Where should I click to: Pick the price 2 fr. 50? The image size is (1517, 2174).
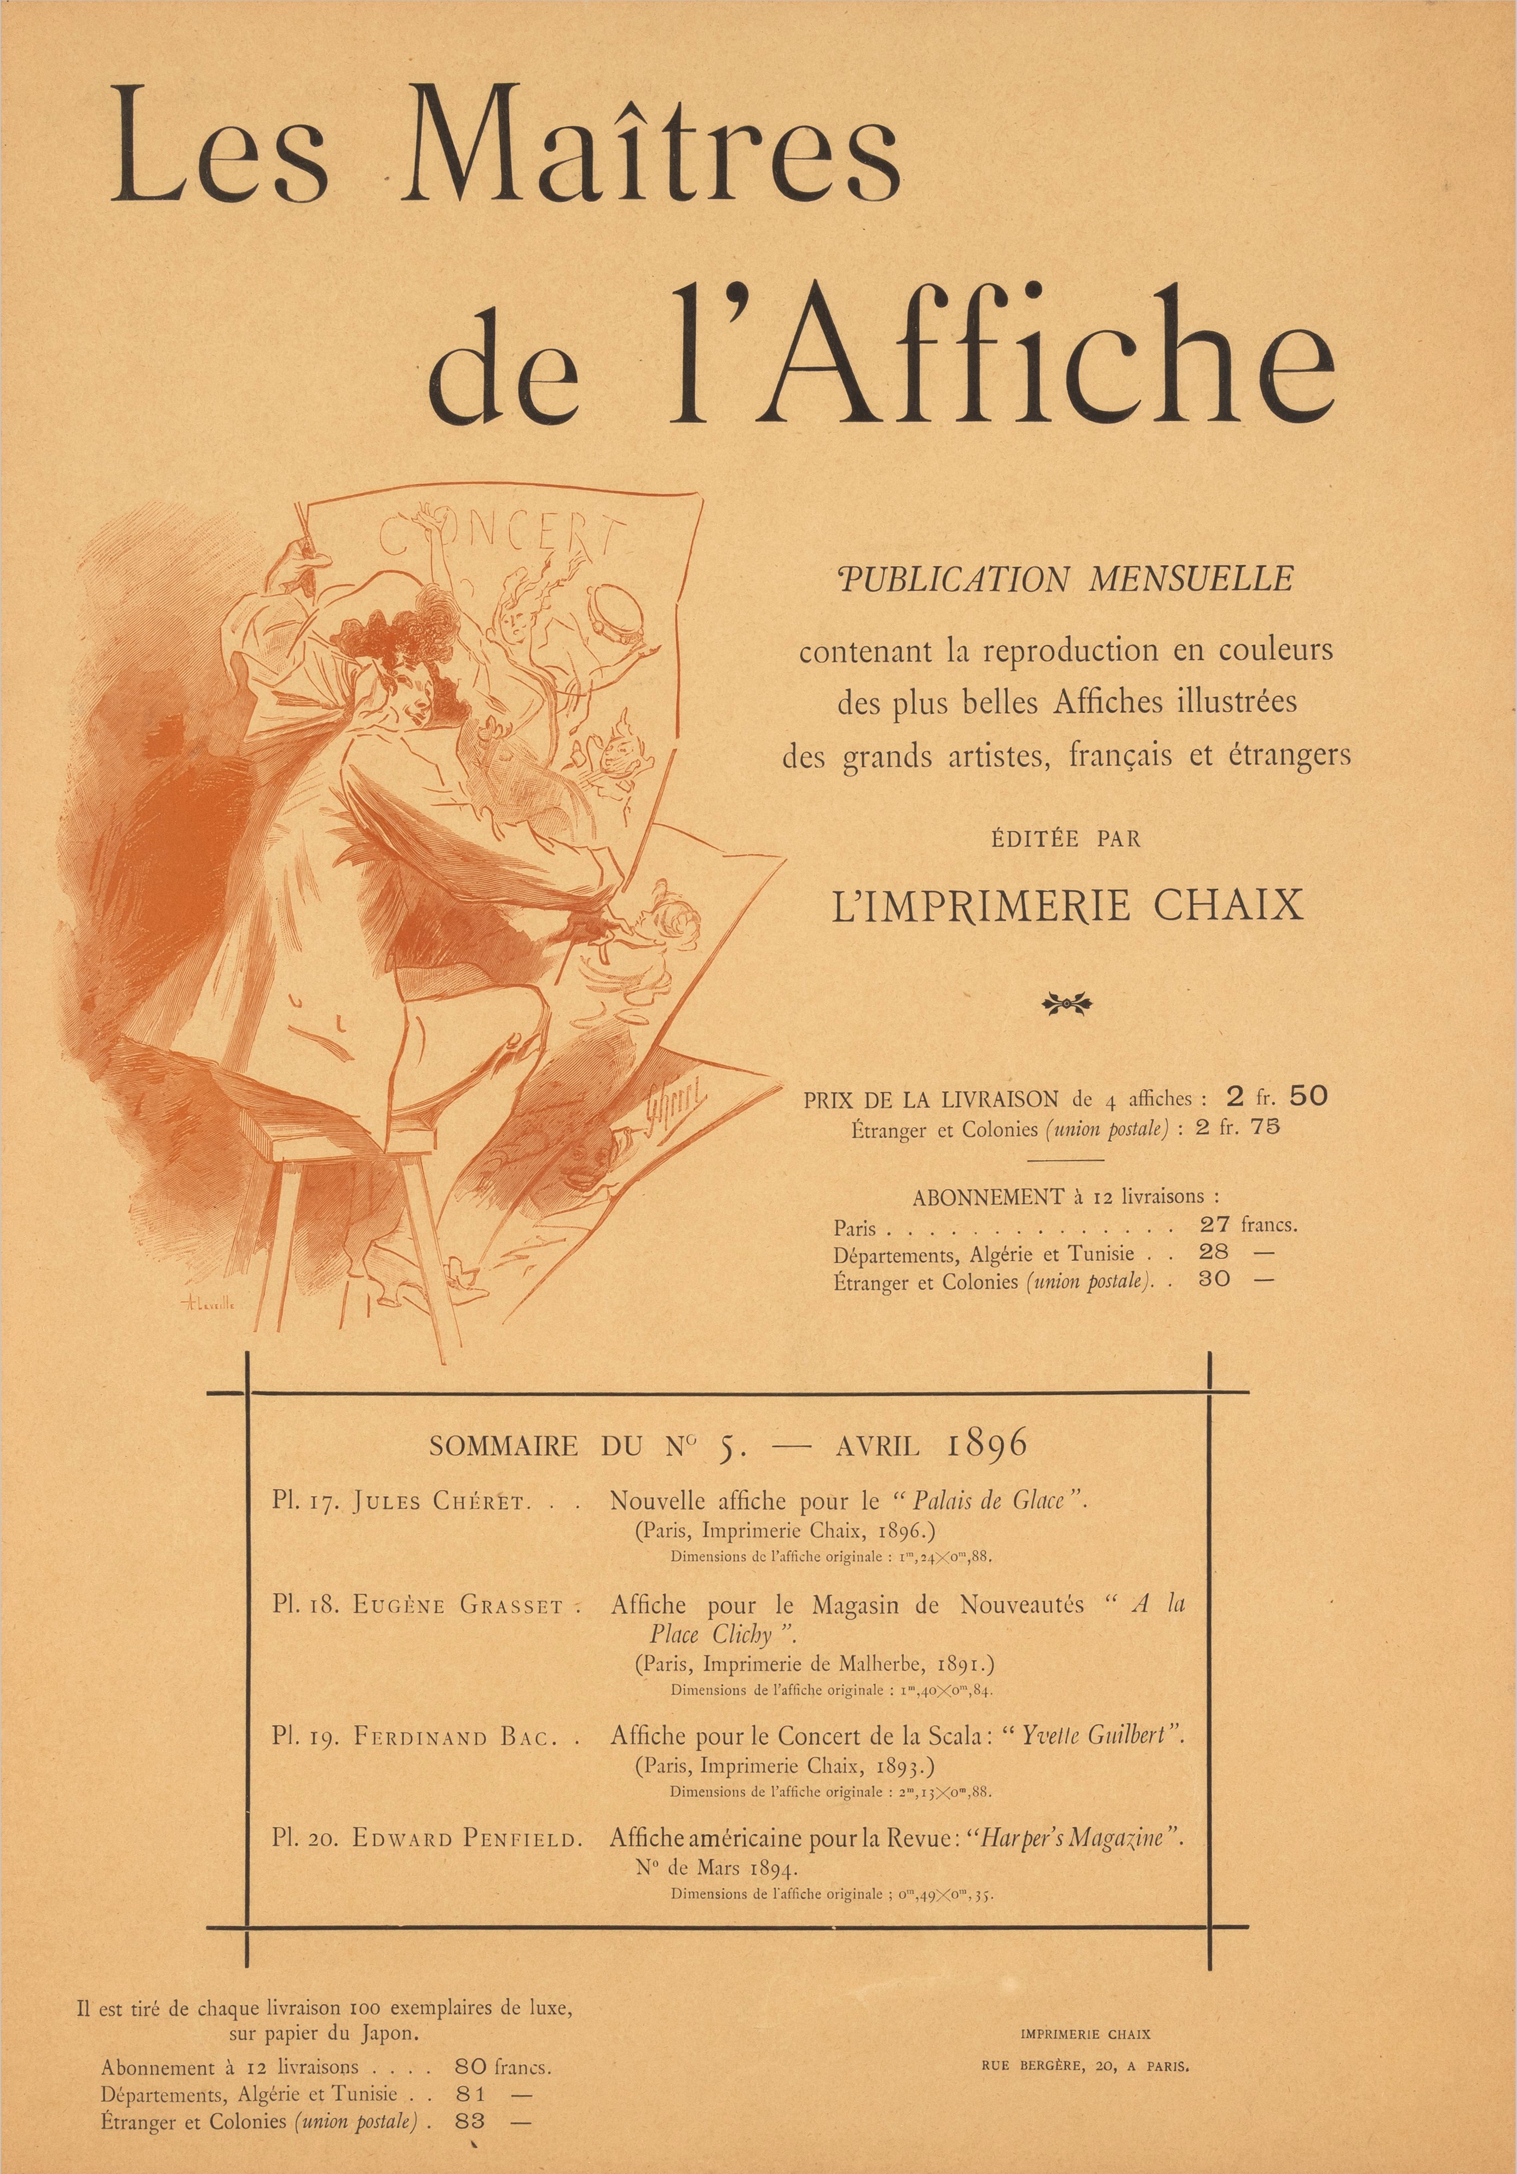click(1276, 1096)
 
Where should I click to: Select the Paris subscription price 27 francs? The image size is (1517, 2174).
click(1247, 1225)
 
